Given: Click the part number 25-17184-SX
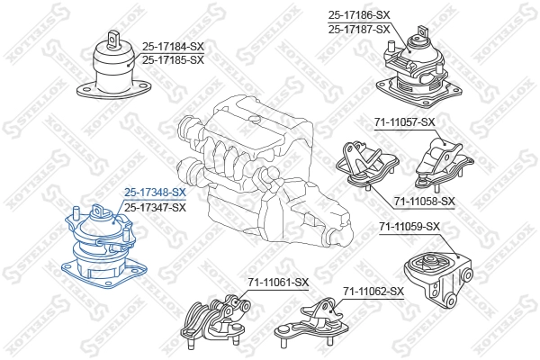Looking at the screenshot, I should tap(173, 46).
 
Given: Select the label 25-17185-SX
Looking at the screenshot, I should tap(173, 59).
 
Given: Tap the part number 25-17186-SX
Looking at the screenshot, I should tap(359, 15).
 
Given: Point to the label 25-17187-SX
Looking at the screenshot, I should tap(359, 29).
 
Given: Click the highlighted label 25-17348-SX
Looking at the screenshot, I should tap(155, 193).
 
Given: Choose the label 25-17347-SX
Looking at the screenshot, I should tap(155, 207).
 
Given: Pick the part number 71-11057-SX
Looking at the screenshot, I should tap(404, 121).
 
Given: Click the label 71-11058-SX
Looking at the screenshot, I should tap(424, 201).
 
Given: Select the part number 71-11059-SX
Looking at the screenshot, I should tap(409, 226).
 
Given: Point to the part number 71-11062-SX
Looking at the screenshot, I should tap(373, 291).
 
